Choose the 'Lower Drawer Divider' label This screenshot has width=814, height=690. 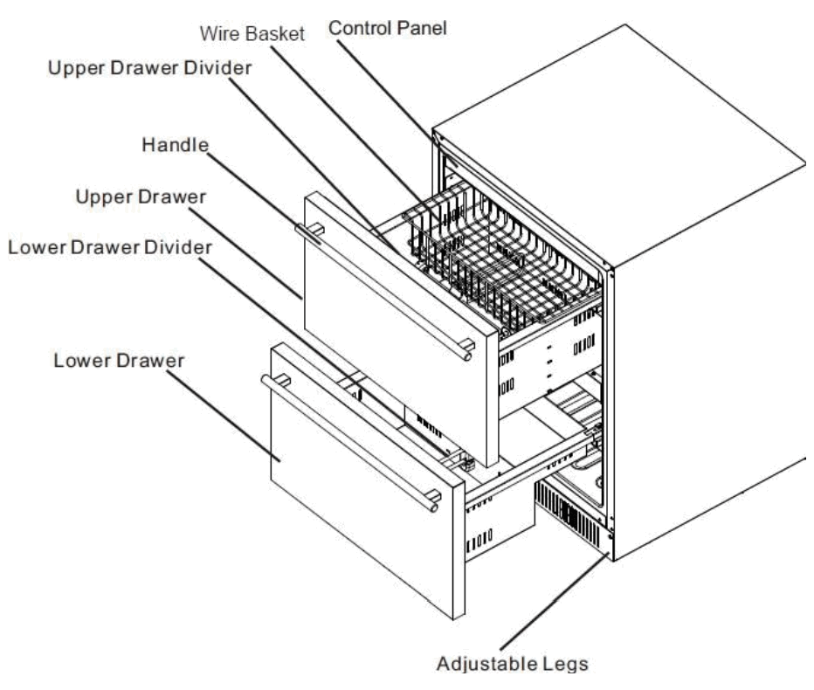coord(109,247)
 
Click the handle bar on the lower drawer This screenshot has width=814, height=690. coord(349,437)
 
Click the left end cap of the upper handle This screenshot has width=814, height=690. coord(301,229)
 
